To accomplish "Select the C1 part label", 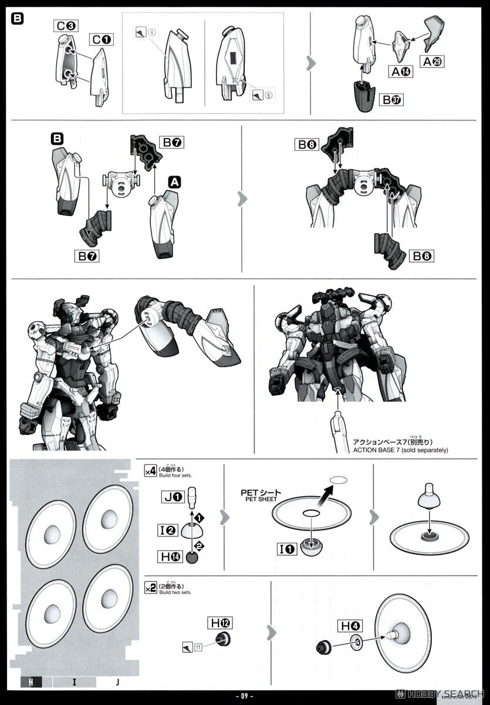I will (102, 40).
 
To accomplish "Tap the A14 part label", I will (398, 72).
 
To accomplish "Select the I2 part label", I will (168, 530).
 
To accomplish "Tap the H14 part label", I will (170, 556).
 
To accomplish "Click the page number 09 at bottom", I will (245, 697).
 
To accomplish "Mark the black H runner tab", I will (30, 681).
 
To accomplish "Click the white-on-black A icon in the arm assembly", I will (174, 183).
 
